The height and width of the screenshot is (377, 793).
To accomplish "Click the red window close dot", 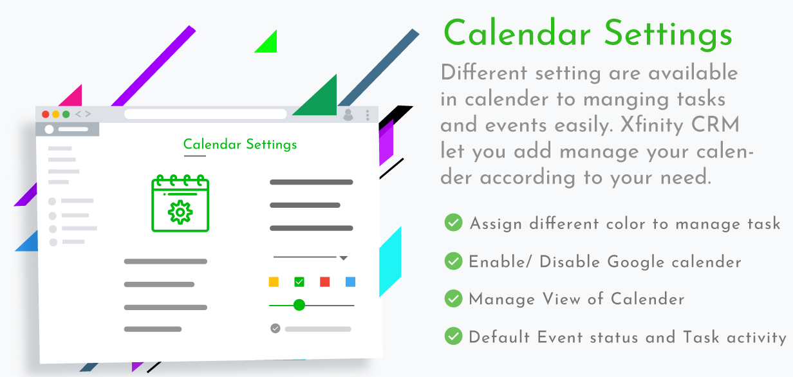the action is [x=45, y=115].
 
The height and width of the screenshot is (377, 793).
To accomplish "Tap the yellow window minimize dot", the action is [x=55, y=115].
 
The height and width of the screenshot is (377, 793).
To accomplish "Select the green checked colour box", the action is [x=299, y=282].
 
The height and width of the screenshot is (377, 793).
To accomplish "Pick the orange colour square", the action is [x=274, y=282].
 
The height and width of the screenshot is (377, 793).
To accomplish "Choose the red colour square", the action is [x=324, y=282].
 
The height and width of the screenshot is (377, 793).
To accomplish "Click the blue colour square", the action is [x=350, y=282].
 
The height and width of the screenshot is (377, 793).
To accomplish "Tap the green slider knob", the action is [x=299, y=305].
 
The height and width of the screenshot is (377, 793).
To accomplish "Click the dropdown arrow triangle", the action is [x=344, y=258].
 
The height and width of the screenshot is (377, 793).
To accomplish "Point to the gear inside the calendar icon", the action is [x=180, y=212].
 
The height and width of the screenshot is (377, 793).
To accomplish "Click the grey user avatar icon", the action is [x=348, y=115].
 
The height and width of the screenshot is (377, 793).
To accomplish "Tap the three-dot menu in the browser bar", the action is [x=368, y=115].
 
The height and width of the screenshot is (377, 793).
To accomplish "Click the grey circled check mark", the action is [x=275, y=329].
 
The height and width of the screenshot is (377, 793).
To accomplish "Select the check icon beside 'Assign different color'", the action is [x=454, y=223].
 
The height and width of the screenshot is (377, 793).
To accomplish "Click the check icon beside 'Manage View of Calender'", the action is [x=454, y=298].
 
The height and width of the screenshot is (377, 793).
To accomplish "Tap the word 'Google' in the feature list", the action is [x=635, y=262].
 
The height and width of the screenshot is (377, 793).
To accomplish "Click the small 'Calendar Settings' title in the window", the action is [x=240, y=144].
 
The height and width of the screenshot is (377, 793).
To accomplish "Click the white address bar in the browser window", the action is [x=205, y=114].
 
